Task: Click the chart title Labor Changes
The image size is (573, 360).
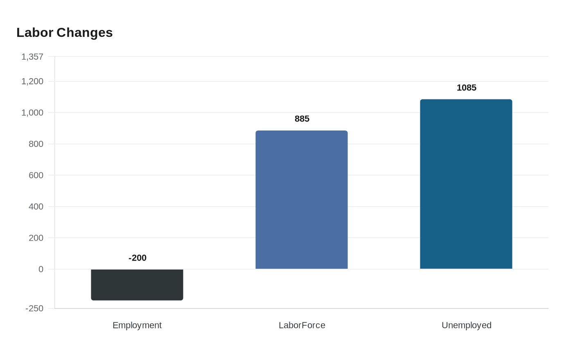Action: coord(64,33)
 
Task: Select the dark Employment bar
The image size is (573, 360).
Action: coord(137,285)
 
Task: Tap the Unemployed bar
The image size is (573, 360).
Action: coord(466,184)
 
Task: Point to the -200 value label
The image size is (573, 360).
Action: coord(138,258)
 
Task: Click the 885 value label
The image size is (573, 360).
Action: coord(302,119)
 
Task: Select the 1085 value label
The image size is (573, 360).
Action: coord(467,88)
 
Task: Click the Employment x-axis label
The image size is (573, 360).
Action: coord(137,325)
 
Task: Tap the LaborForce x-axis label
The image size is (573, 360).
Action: coord(302,325)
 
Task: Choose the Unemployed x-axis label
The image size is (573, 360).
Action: coord(467,325)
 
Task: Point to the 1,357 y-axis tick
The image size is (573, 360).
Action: coord(32,57)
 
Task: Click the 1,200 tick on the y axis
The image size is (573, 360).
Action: coord(32,81)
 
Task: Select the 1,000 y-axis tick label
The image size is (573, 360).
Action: coord(32,112)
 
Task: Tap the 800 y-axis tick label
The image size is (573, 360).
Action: coord(36,144)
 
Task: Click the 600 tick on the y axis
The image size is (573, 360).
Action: coord(36,175)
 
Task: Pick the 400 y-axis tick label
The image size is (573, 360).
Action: coord(36,207)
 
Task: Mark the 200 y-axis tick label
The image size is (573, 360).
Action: coord(36,238)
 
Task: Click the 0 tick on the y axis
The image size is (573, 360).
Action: coord(41,269)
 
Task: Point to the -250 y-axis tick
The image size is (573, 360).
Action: coord(34,308)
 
